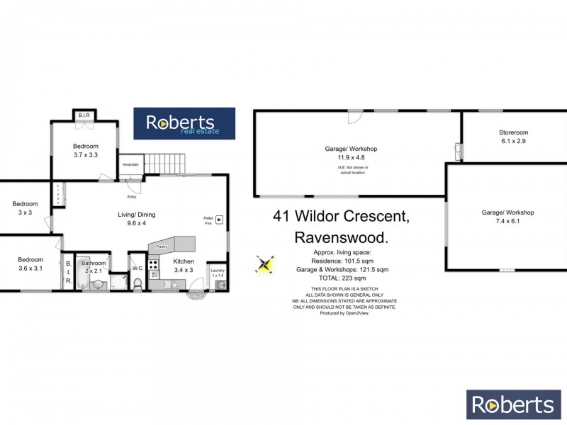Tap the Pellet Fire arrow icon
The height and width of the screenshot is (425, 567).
(219, 220)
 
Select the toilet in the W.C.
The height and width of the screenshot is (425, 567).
(138, 283)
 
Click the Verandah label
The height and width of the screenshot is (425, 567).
(130, 165)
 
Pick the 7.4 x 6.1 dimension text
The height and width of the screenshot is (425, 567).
(507, 221)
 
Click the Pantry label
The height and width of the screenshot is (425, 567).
(162, 246)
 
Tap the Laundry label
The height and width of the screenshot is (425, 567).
(218, 270)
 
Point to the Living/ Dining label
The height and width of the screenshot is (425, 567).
(136, 215)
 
